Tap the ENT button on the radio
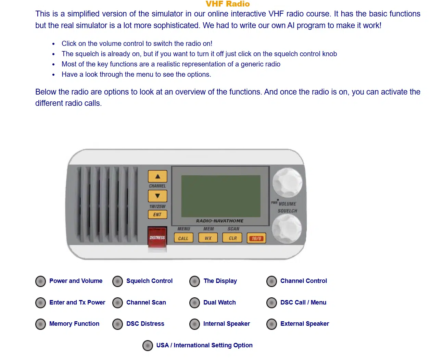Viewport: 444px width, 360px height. click(157, 215)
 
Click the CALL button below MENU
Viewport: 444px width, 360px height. click(183, 238)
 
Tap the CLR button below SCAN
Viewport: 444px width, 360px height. click(232, 238)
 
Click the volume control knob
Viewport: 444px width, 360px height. click(287, 182)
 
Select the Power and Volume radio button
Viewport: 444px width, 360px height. click(40, 281)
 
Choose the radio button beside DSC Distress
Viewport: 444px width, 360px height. click(117, 324)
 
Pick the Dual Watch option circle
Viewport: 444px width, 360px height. click(194, 303)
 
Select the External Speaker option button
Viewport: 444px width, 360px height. click(271, 324)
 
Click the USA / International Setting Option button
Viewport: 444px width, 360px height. click(148, 346)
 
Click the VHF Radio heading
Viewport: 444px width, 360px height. click(228, 4)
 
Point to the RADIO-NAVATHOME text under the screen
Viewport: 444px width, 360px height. click(220, 221)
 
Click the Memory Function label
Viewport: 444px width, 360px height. click(74, 324)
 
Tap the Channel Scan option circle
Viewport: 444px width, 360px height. click(117, 303)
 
